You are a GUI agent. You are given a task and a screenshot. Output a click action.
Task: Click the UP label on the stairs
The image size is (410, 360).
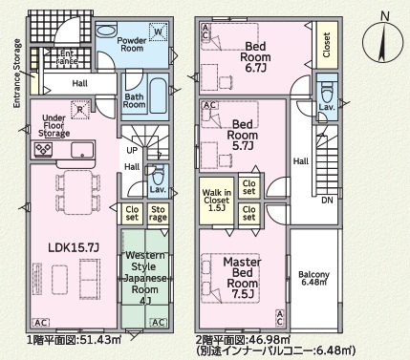tap(132, 151)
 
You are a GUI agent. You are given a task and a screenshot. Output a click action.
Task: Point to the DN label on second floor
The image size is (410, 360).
tap(325, 201)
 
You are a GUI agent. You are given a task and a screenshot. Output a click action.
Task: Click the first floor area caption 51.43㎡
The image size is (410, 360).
tap(74, 340)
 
